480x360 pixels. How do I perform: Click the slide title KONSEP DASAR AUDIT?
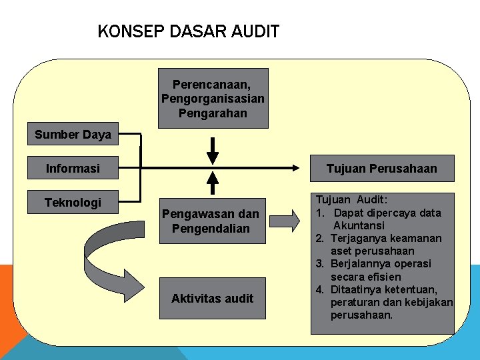(x=188, y=31)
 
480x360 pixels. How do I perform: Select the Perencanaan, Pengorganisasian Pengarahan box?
(x=213, y=98)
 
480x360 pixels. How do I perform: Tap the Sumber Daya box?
(x=73, y=135)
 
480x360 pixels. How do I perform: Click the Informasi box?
(x=73, y=168)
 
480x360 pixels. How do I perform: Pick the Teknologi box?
(x=73, y=202)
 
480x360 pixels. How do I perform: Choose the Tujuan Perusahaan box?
(x=381, y=168)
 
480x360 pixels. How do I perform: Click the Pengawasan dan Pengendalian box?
(x=211, y=221)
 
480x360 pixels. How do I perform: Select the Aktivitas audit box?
(x=212, y=298)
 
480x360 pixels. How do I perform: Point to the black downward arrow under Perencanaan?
(x=213, y=151)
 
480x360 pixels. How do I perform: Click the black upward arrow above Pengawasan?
(x=213, y=182)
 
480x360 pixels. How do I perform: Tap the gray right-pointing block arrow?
(x=286, y=220)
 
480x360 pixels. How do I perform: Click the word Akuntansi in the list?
(x=359, y=225)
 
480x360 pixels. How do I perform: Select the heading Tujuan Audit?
(x=351, y=199)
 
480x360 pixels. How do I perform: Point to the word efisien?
(x=383, y=276)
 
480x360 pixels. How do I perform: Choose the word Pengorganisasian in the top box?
(x=213, y=98)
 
